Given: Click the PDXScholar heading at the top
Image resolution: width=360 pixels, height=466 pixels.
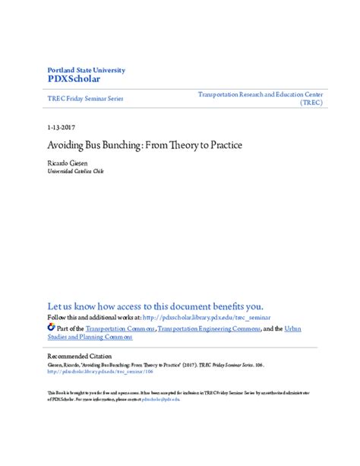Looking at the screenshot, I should click(74, 78).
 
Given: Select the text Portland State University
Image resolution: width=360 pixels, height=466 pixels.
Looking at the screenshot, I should click(86, 70).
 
